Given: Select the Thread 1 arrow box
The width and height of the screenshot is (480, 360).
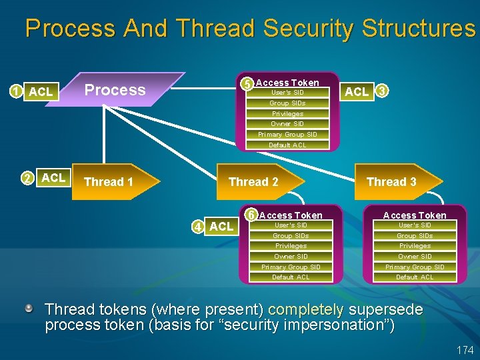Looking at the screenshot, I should [x=113, y=181].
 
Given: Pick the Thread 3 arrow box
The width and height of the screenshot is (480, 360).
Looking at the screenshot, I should [x=396, y=181].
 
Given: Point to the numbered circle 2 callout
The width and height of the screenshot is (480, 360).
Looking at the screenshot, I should [x=27, y=178].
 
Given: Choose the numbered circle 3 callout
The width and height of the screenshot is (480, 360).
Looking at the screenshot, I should [x=382, y=91].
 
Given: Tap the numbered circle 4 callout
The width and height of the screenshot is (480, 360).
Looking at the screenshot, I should [x=199, y=226].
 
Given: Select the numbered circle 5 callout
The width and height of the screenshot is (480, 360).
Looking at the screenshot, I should [x=247, y=84].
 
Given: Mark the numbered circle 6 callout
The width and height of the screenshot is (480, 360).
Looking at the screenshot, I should [x=251, y=215].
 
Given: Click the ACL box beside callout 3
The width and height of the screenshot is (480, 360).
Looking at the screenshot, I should [x=357, y=91].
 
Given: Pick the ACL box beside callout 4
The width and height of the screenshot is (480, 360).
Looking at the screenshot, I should [x=221, y=226].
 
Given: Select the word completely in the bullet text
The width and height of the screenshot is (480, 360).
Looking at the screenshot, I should [x=305, y=310].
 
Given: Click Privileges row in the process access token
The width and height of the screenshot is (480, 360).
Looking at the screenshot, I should [x=288, y=113].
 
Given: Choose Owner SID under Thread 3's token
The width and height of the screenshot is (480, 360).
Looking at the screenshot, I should [x=415, y=256].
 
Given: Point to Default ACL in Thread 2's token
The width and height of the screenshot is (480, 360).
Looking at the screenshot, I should [x=291, y=277].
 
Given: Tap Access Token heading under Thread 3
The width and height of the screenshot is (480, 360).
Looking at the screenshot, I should [x=415, y=215].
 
